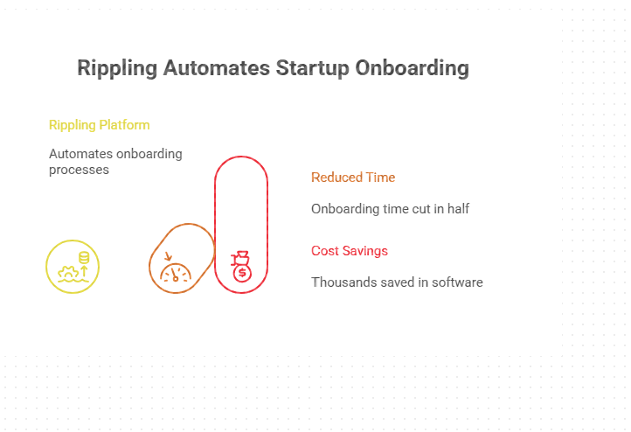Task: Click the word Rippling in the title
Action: [x=117, y=68]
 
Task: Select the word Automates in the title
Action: [x=216, y=67]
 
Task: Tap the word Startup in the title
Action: [x=312, y=68]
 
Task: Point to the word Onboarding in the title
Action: [x=412, y=68]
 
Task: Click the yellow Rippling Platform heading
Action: [x=99, y=125]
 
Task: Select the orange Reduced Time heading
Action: [x=353, y=178]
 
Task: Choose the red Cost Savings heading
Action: [x=350, y=251]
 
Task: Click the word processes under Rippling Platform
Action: [x=79, y=170]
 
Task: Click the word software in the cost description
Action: [x=457, y=282]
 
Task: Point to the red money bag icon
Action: [x=241, y=266]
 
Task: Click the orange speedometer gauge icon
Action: [x=176, y=273]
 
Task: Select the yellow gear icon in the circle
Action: [x=68, y=274]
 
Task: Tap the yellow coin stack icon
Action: [x=84, y=257]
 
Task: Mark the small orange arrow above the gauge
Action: [x=168, y=256]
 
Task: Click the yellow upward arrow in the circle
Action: [x=84, y=272]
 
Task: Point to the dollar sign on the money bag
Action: [x=242, y=273]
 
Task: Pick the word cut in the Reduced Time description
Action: [x=422, y=208]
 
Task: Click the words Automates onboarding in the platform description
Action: [x=115, y=154]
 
